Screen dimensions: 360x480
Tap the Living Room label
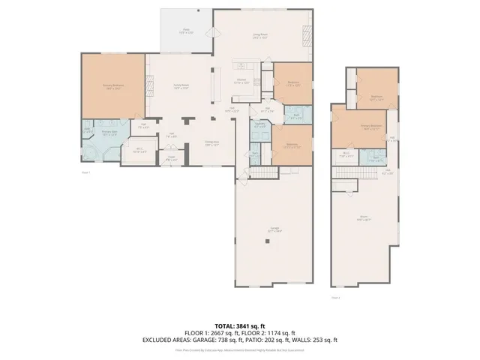coord(261,36)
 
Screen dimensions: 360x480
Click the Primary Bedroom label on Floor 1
coord(112,87)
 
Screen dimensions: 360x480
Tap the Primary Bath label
coord(109,134)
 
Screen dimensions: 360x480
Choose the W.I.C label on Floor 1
coord(139,149)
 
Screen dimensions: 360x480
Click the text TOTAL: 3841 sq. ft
coord(240,326)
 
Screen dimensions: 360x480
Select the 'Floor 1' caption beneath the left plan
coord(85,173)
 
